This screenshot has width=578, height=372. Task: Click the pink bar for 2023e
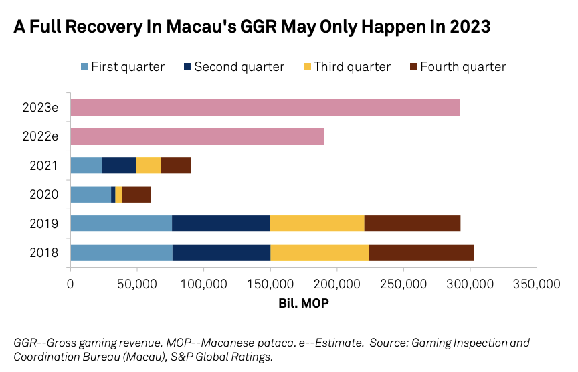(x=265, y=107)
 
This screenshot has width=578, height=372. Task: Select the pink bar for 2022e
(x=197, y=136)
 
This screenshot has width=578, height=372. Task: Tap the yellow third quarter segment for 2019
(x=316, y=223)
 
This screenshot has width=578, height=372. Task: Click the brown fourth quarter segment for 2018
(x=421, y=252)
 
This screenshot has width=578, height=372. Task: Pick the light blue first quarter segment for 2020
(x=90, y=194)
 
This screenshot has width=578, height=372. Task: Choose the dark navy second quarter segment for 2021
(x=119, y=165)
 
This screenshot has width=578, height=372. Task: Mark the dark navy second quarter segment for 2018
(x=221, y=252)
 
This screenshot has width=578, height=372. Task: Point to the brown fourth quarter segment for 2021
(x=176, y=165)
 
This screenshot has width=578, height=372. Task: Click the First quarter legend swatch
(x=84, y=67)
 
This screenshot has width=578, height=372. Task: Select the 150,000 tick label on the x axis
(x=270, y=283)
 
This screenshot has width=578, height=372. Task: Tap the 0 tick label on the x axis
(x=70, y=283)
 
